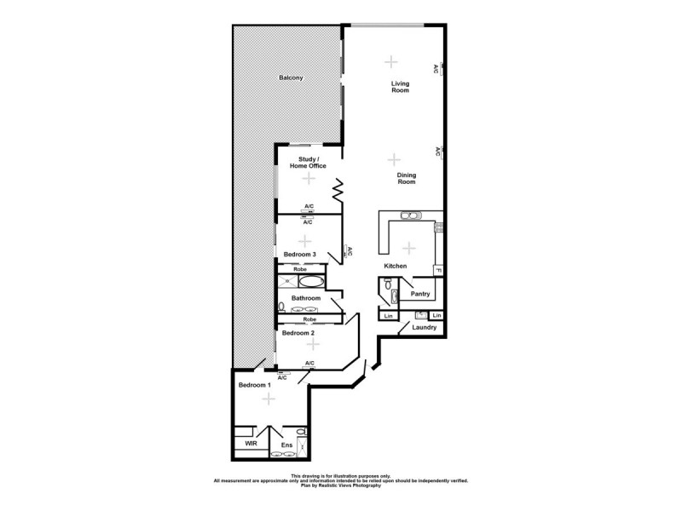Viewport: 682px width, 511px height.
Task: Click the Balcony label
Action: click(x=291, y=78)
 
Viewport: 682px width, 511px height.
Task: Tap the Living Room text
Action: click(x=400, y=86)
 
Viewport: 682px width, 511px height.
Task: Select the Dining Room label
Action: click(x=406, y=179)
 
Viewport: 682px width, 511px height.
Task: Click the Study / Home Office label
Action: click(x=308, y=163)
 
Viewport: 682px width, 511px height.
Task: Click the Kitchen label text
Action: click(x=395, y=267)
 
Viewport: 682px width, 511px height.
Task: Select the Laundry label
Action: click(x=424, y=327)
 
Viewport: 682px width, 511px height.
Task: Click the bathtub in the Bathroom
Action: click(x=312, y=281)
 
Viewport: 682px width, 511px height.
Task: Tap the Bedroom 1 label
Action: click(x=254, y=385)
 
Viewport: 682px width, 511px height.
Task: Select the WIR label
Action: click(x=251, y=444)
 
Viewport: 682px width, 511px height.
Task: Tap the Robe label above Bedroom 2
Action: click(x=309, y=319)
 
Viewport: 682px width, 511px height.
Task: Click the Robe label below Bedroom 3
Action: click(x=299, y=269)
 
